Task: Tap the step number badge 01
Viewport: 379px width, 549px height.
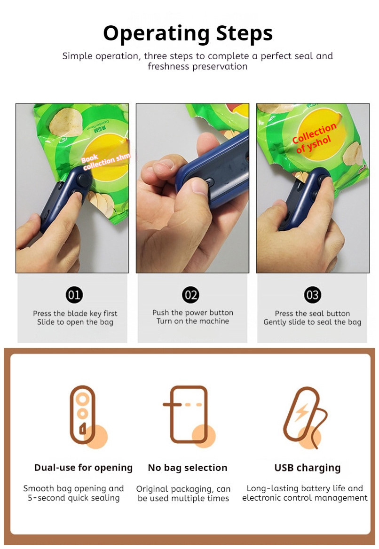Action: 74,295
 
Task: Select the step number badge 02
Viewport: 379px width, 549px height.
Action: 190,295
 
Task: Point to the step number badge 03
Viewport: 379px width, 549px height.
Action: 312,295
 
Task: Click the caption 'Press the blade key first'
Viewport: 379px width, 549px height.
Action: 75,314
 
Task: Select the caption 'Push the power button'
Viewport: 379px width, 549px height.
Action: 193,313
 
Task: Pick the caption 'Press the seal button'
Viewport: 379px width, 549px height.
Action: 312,314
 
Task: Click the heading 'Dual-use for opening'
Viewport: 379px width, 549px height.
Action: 83,468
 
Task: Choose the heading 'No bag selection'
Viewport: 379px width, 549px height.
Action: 188,468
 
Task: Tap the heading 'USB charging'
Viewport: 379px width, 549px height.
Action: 308,468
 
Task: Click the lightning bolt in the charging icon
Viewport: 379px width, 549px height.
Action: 301,413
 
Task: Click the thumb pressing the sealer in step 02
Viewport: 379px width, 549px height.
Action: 197,190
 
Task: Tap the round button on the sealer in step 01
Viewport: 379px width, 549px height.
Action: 83,180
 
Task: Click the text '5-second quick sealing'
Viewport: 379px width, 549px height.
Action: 73,498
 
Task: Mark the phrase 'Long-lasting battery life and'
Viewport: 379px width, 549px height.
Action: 305,488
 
